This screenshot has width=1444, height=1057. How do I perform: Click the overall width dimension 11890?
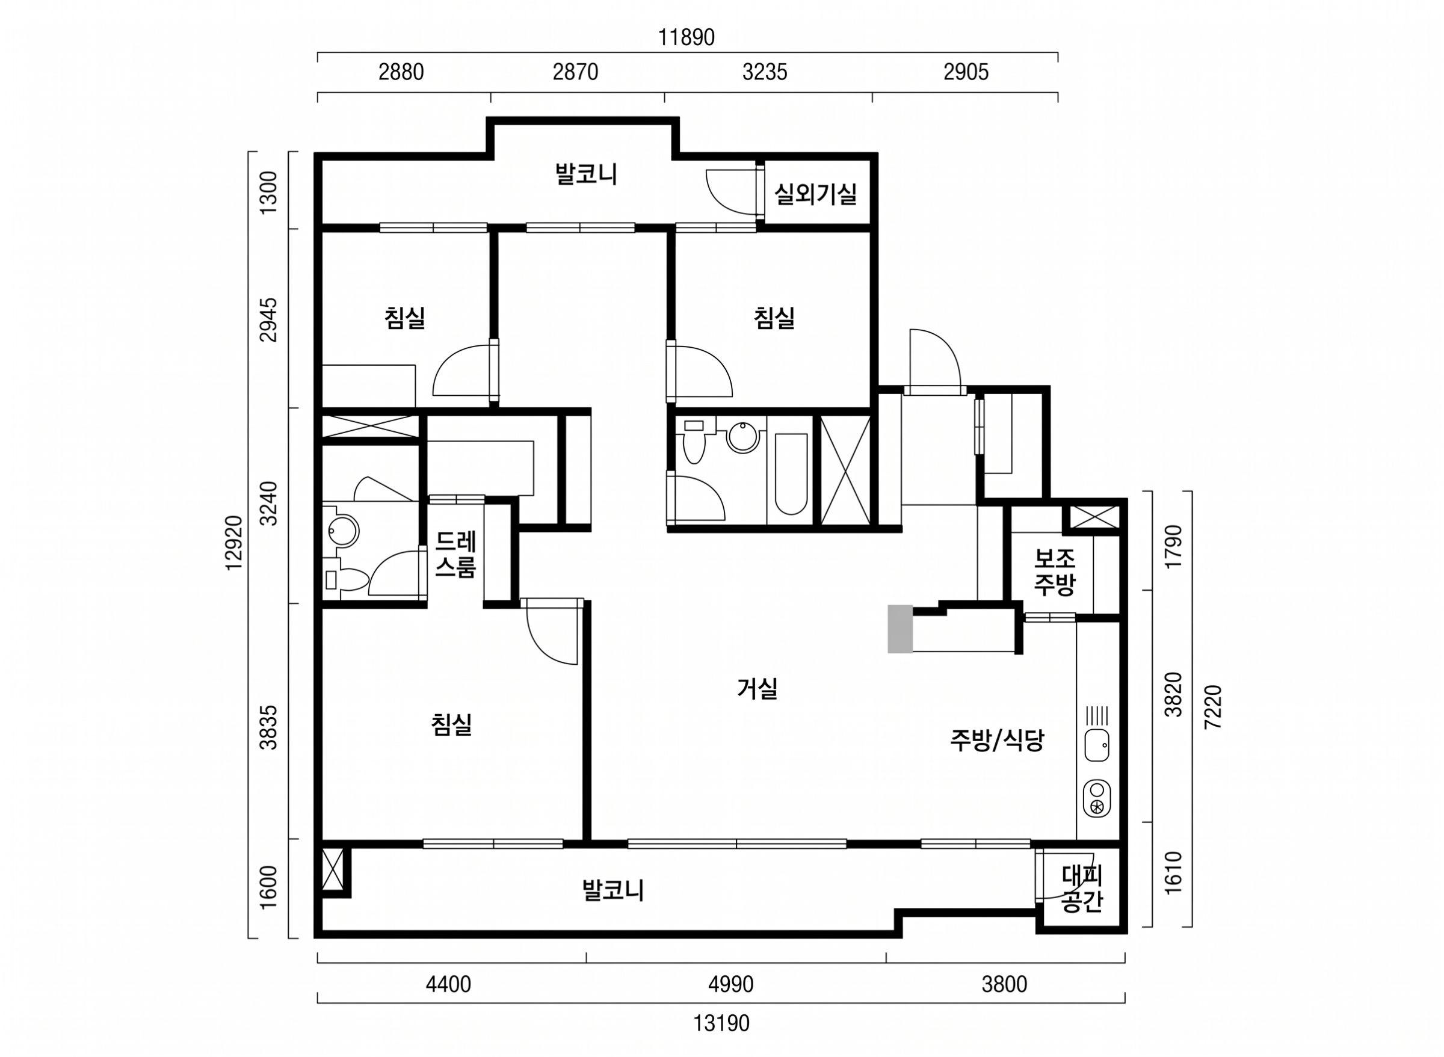[x=687, y=39]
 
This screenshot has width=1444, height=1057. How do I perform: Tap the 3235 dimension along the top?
[x=765, y=72]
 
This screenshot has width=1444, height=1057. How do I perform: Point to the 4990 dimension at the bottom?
[x=730, y=984]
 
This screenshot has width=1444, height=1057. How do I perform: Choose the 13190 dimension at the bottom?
[x=721, y=1024]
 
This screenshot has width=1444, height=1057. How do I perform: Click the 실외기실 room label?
[x=815, y=194]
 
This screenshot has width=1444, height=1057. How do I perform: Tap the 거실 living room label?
[x=757, y=688]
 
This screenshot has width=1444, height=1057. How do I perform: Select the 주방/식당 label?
[x=997, y=741]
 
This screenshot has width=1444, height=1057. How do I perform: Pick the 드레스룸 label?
[x=455, y=555]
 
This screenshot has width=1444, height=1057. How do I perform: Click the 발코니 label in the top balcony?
[x=587, y=174]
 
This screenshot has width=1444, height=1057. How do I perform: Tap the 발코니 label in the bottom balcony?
[x=613, y=890]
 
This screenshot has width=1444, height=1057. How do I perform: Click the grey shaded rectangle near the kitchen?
[x=900, y=629]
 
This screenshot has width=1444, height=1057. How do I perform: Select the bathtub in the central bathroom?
[x=791, y=473]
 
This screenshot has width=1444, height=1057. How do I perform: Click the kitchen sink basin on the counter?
[x=1097, y=746]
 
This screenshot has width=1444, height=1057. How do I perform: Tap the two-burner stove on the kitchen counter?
[x=1097, y=798]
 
